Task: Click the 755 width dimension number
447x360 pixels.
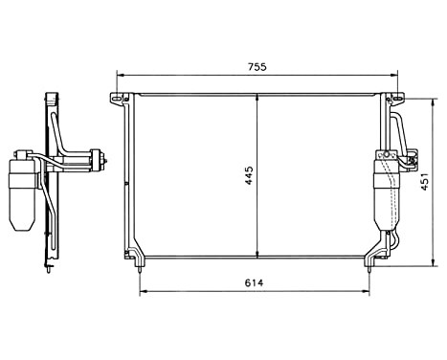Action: click(257, 67)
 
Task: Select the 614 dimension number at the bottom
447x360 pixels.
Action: click(253, 282)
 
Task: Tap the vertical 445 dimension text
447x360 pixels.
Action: click(248, 176)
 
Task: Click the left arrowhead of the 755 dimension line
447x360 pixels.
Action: click(118, 77)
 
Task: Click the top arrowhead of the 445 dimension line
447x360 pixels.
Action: click(257, 97)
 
